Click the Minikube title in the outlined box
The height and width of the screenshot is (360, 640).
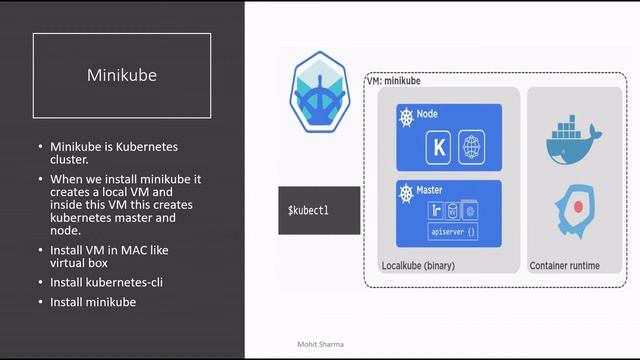coord(122,75)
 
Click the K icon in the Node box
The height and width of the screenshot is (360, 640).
coord(440,149)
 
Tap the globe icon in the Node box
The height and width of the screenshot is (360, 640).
coord(471,149)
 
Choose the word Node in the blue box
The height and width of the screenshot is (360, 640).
coord(427,115)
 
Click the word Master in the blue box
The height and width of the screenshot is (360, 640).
coord(431,190)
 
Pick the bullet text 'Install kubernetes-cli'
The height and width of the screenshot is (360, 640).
coord(107,283)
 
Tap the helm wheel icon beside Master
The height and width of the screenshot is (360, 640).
coord(406,190)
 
